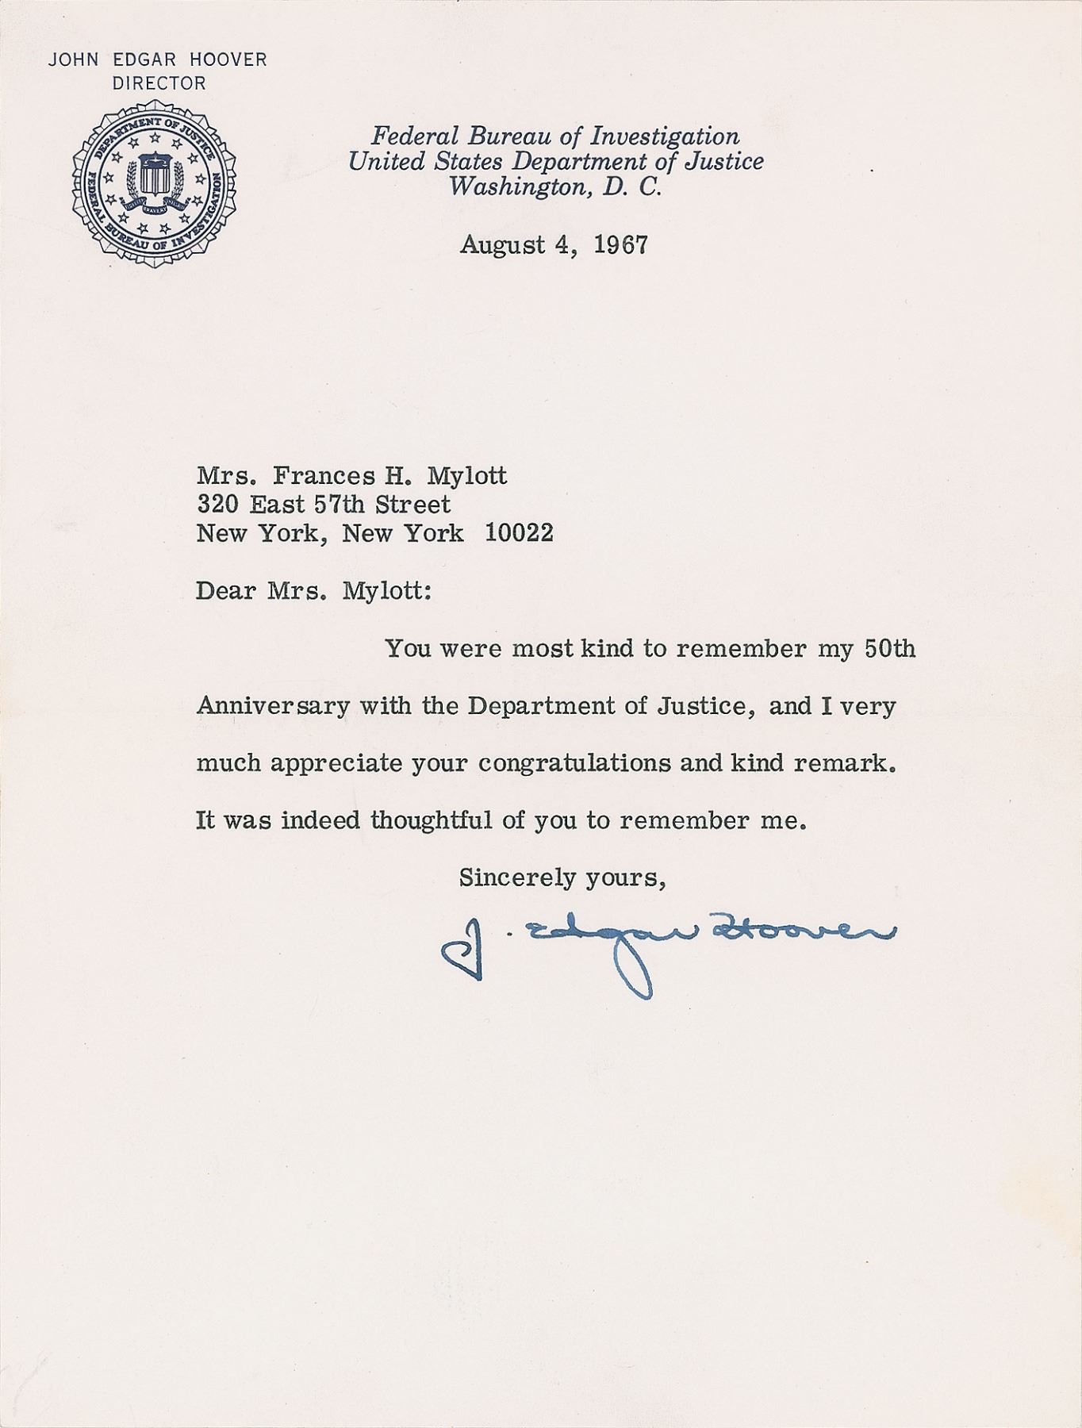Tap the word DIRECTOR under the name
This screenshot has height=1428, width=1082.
159,83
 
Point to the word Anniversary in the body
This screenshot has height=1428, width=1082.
273,705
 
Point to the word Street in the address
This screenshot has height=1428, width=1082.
412,504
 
